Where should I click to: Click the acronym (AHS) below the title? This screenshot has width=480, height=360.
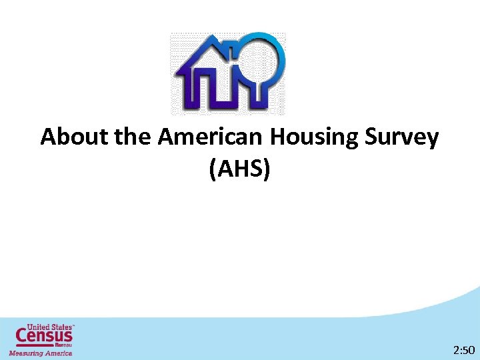click(x=240, y=170)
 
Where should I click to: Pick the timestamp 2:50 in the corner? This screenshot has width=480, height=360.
click(x=463, y=349)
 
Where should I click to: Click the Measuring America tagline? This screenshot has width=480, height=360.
click(x=40, y=353)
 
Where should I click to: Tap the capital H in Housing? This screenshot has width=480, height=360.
click(x=278, y=138)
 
